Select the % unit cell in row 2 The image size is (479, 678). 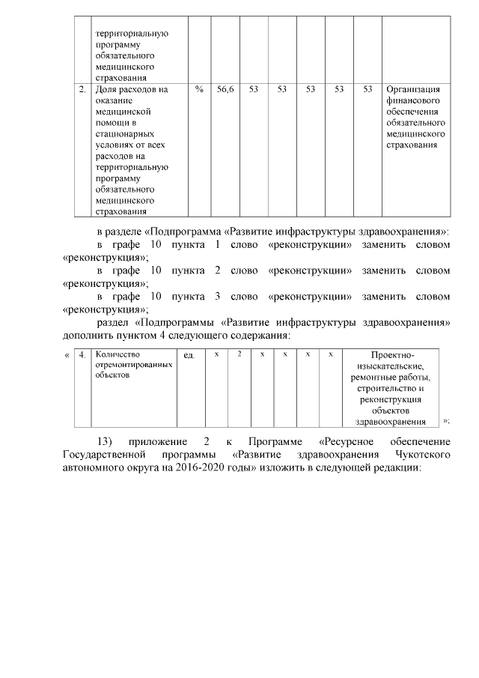(x=199, y=89)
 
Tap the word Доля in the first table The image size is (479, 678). (x=109, y=89)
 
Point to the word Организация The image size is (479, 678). (x=414, y=89)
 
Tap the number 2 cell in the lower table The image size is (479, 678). (x=239, y=353)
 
